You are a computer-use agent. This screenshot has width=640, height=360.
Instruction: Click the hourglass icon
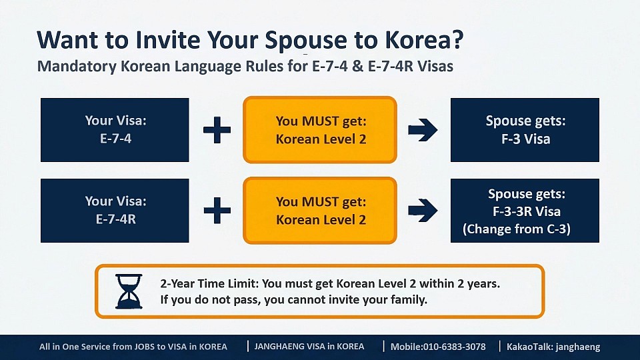pyautogui.click(x=129, y=291)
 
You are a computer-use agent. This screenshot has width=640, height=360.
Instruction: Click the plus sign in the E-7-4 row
pyautogui.click(x=217, y=130)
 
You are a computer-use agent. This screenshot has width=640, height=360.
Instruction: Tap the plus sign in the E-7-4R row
pyautogui.click(x=217, y=211)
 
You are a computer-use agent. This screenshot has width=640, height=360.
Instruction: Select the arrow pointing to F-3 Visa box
pyautogui.click(x=423, y=130)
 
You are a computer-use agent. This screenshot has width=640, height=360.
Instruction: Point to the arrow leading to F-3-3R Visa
pyautogui.click(x=423, y=211)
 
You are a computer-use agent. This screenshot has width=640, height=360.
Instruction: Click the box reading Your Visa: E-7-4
pyautogui.click(x=115, y=130)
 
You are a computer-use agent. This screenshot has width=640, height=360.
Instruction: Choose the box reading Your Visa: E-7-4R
pyautogui.click(x=115, y=211)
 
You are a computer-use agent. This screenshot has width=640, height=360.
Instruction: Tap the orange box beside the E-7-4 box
pyautogui.click(x=320, y=130)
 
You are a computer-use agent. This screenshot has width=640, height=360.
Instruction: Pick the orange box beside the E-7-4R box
pyautogui.click(x=320, y=211)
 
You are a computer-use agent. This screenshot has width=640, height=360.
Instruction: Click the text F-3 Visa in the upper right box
pyautogui.click(x=526, y=139)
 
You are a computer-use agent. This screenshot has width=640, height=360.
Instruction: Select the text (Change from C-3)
pyautogui.click(x=516, y=229)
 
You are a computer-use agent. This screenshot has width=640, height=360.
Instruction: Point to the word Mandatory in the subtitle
pyautogui.click(x=77, y=66)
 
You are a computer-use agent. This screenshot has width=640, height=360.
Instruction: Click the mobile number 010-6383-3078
pyautogui.click(x=454, y=347)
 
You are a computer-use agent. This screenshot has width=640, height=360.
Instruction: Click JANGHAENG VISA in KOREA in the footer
pyautogui.click(x=309, y=347)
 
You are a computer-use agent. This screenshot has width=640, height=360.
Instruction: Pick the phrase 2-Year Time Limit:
pyautogui.click(x=209, y=284)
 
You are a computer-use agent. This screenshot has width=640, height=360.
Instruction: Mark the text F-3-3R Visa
pyautogui.click(x=527, y=211)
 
